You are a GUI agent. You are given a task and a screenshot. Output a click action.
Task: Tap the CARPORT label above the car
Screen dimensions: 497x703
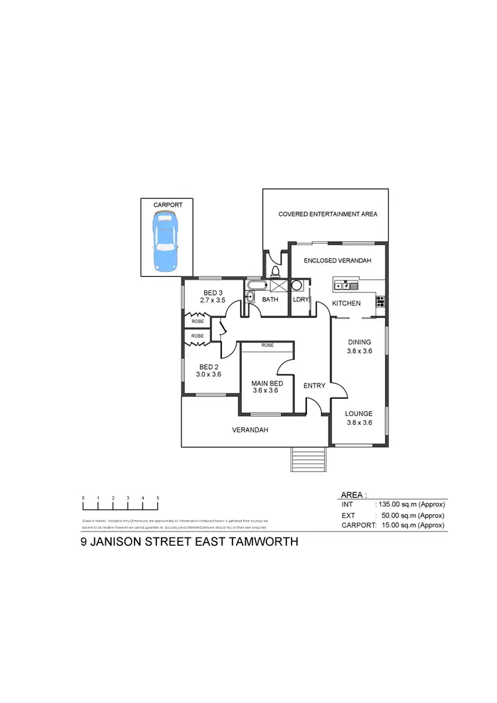[168, 205]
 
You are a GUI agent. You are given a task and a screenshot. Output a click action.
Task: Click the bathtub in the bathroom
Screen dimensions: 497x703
[256, 286]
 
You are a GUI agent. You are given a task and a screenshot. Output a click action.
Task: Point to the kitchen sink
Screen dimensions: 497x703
[346, 286]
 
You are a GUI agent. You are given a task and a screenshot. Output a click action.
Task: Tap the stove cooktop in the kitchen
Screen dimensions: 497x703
[380, 301]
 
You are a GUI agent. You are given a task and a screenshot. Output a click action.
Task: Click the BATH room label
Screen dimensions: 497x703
[270, 299]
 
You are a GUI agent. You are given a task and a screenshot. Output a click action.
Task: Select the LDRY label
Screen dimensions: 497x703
[301, 299]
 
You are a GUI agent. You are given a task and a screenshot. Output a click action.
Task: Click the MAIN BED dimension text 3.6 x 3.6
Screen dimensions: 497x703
[265, 390]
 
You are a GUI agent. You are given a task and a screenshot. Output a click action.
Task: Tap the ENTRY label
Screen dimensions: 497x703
[313, 385]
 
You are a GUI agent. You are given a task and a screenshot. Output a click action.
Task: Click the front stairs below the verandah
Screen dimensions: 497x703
[308, 459]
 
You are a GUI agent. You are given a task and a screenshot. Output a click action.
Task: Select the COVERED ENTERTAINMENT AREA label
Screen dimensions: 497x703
[327, 214]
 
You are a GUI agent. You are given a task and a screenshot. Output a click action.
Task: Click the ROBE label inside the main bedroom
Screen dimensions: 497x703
[268, 345]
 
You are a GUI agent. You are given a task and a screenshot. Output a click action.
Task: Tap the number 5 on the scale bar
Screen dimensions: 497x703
[158, 498]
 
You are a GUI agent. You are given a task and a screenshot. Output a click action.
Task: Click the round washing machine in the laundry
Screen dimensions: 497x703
[298, 286]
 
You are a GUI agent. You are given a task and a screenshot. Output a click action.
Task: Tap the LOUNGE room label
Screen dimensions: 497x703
[359, 413]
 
